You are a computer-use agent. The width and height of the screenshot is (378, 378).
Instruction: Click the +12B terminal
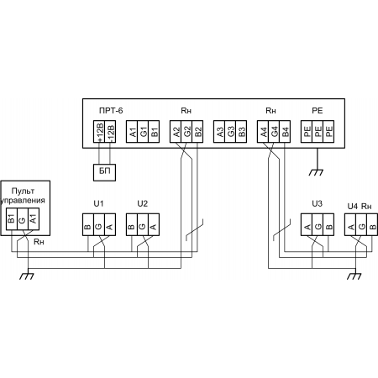coord(99,132)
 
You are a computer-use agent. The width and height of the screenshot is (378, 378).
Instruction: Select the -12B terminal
coord(110,132)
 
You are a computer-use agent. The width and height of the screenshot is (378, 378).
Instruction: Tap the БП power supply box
coord(104,172)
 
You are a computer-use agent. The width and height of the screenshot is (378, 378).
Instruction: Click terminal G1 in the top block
coord(143,132)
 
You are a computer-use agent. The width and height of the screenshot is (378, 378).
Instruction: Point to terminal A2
coord(176,132)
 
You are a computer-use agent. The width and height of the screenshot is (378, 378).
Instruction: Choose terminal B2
coord(197,132)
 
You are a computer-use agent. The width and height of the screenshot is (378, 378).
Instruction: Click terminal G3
coord(230,132)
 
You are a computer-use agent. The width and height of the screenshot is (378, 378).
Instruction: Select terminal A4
coord(263,132)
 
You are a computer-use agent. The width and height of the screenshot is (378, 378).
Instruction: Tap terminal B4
coord(285,132)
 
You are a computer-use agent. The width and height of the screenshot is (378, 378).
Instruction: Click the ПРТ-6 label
coord(111,111)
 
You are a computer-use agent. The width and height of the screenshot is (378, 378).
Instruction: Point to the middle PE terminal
coord(318,132)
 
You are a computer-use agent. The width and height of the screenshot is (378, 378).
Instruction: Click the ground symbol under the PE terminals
coord(316,172)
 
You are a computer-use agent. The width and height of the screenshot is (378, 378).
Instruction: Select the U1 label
coord(98,203)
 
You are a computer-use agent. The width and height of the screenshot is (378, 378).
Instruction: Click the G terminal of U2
coord(143,225)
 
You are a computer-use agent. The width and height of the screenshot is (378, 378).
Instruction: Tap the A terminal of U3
coord(307,225)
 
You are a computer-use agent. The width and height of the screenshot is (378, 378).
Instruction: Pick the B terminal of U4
coord(372,225)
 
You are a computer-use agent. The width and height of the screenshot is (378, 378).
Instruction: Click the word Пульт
coord(23,191)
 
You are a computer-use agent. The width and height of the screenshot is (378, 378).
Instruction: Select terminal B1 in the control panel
coord(12,219)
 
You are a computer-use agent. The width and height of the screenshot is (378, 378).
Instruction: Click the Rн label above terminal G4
coord(270,111)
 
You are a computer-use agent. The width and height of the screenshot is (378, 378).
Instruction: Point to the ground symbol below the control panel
coord(27,276)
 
